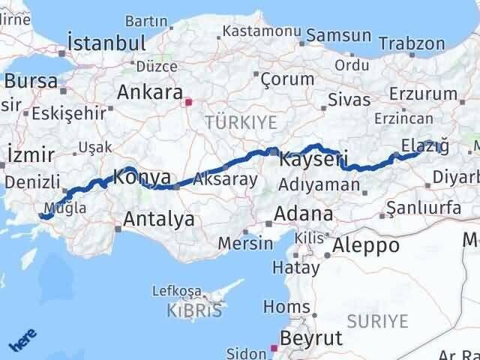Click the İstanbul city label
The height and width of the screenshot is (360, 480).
point(106,42)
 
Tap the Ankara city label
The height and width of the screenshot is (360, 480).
point(150,94)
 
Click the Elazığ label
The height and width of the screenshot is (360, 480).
point(425,143)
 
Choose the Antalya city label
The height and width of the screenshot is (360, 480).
point(158,219)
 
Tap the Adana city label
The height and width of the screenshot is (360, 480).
point(304,214)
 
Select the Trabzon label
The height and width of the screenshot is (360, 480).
point(412,44)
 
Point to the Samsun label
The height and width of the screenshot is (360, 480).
point(339,34)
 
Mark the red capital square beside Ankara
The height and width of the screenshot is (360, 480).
point(190,102)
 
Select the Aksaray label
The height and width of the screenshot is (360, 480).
point(225,179)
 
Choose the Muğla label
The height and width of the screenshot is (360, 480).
point(65,208)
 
